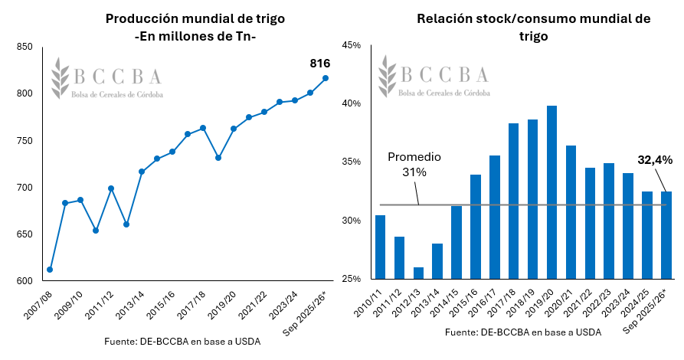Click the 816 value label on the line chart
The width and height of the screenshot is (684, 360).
pos(319,64)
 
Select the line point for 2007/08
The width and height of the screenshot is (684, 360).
pos(50,270)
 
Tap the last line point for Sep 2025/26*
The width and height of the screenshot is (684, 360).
pos(326,78)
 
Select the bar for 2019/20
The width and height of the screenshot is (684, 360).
pos(551,192)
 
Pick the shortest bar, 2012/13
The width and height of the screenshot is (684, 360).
pos(418,273)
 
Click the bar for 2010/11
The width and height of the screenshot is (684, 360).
pos(381,247)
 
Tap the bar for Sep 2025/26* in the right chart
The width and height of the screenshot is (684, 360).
pos(666,234)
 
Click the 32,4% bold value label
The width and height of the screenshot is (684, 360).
pos(655,160)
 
